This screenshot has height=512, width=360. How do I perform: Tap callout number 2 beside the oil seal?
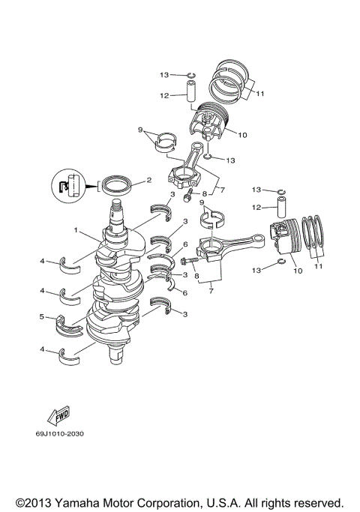pos(149,180)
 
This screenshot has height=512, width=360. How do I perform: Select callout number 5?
pos(42,316)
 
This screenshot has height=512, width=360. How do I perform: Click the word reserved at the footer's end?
pos(318,502)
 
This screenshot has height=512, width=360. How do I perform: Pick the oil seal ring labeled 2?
pos(119,184)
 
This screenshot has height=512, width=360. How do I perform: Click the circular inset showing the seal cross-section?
pos(66,187)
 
